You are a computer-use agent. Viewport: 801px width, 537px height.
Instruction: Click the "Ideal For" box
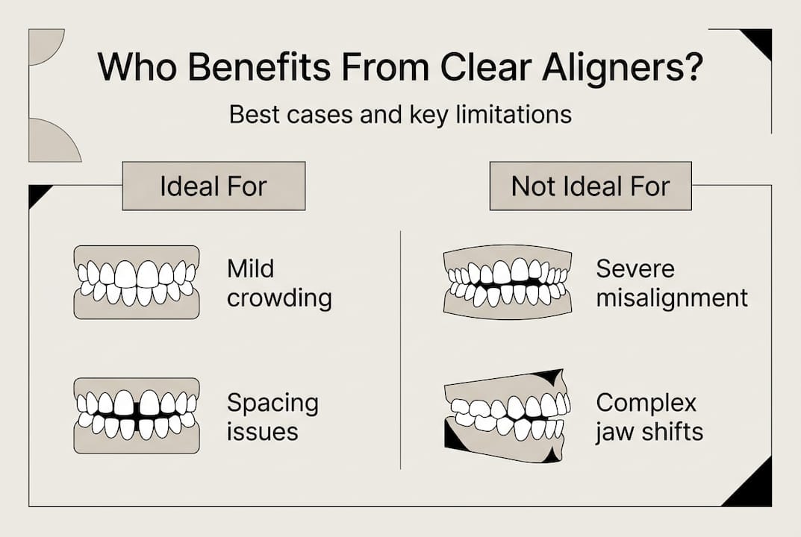pyautogui.click(x=214, y=186)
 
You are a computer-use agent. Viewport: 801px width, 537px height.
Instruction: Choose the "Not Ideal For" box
pyautogui.click(x=590, y=186)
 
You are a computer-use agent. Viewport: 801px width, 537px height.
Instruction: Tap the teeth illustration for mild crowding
pyautogui.click(x=137, y=282)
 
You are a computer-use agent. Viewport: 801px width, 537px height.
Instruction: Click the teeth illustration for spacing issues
pyautogui.click(x=137, y=415)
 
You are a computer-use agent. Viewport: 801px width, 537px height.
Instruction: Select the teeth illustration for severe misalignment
pyautogui.click(x=508, y=282)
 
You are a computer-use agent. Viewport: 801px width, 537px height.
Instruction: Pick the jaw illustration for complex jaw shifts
pyautogui.click(x=508, y=415)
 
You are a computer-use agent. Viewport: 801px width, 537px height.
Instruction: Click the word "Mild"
pyautogui.click(x=251, y=268)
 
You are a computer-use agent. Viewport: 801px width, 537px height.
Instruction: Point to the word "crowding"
pyautogui.click(x=279, y=298)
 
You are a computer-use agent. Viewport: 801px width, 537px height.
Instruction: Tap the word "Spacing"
pyautogui.click(x=272, y=403)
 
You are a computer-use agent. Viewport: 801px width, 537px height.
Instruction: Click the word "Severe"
pyautogui.click(x=635, y=268)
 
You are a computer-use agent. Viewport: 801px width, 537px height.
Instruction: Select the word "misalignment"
pyautogui.click(x=671, y=298)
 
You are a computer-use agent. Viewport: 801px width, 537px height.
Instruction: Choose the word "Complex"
pyautogui.click(x=646, y=403)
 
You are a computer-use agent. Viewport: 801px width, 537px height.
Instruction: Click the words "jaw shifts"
pyautogui.click(x=649, y=433)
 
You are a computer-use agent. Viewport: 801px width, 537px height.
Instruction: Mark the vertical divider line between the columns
pyautogui.click(x=401, y=351)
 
